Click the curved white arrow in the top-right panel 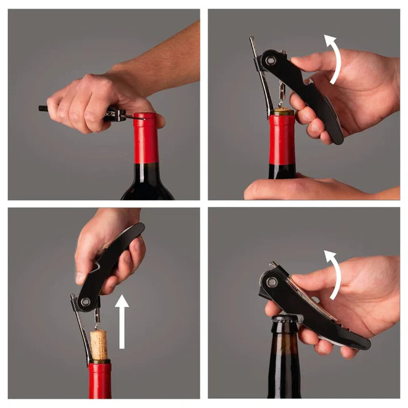click(335, 57)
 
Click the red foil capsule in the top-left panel click(146, 139)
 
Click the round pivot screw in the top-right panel click(270, 59)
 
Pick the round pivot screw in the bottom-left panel click(86, 302)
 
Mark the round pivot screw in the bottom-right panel click(272, 282)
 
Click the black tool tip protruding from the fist click(43, 108)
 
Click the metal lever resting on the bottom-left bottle click(83, 334)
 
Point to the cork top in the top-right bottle click(282, 112)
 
